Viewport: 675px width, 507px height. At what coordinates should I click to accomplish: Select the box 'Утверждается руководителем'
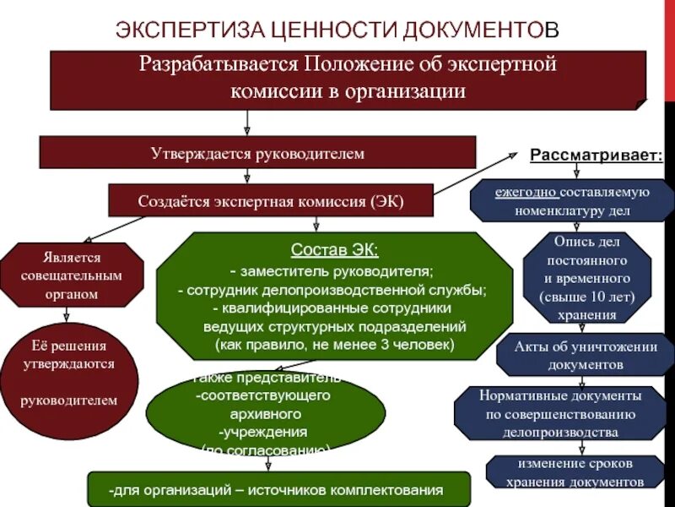(x=256, y=154)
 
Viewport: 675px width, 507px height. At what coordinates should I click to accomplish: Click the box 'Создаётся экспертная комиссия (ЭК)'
(x=271, y=201)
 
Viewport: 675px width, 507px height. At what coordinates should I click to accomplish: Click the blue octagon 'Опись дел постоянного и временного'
(x=587, y=277)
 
